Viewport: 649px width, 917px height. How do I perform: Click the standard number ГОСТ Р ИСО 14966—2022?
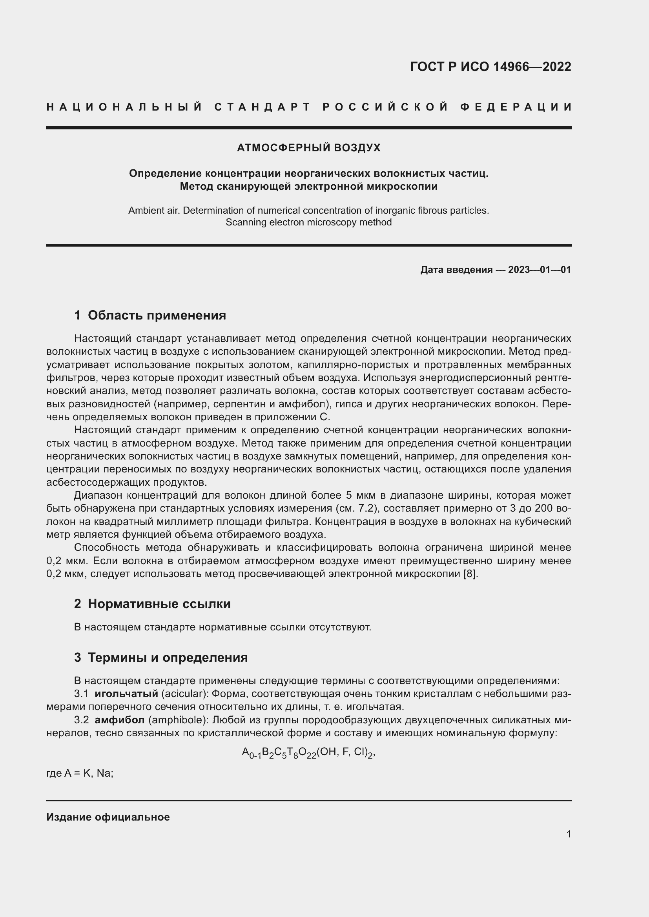coord(490,66)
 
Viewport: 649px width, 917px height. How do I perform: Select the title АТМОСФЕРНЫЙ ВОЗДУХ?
coord(308,148)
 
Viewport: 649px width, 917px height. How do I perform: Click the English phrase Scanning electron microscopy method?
coord(308,222)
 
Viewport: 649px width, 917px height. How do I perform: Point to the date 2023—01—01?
coord(539,270)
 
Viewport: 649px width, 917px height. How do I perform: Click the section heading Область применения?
coord(157,315)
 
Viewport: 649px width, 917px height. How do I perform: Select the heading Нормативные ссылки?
coord(159,603)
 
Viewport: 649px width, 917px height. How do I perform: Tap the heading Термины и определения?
coord(168,657)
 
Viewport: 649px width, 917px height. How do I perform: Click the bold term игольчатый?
coord(126,694)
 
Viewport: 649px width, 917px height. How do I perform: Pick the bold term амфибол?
coord(120,720)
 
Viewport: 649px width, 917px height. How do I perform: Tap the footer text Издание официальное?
coord(108,817)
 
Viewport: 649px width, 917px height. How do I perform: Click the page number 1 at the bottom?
coord(568,834)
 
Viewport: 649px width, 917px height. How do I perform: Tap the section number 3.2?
coord(81,720)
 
